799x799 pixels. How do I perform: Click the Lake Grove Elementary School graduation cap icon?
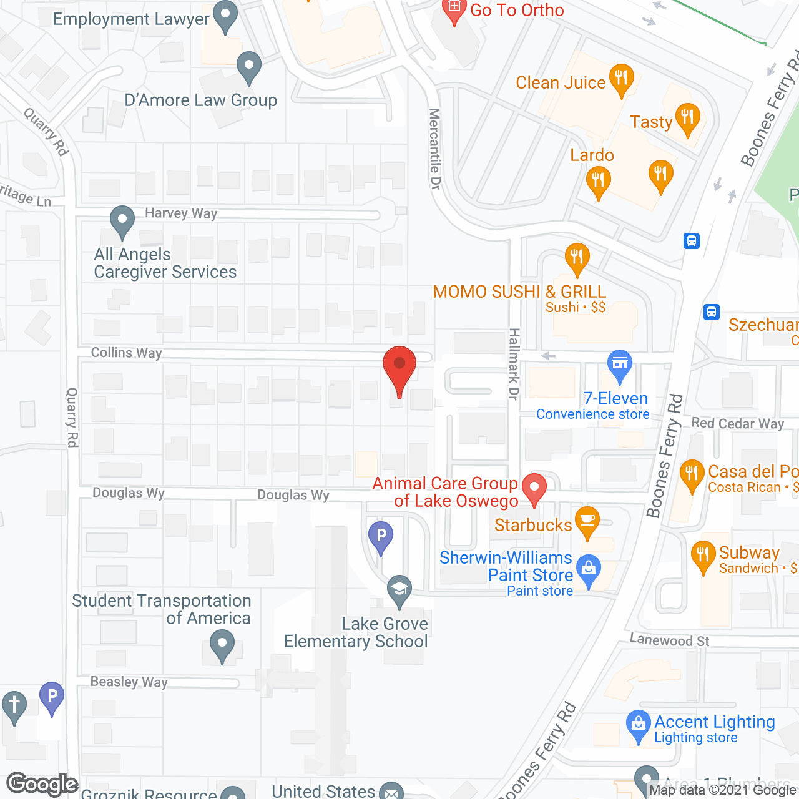pyautogui.click(x=399, y=589)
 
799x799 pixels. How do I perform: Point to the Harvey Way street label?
pyautogui.click(x=181, y=213)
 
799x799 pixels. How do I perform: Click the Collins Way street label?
pyautogui.click(x=126, y=353)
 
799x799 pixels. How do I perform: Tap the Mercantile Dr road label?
pyautogui.click(x=434, y=149)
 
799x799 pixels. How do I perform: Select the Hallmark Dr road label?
pyautogui.click(x=514, y=364)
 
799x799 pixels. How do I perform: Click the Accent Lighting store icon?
pyautogui.click(x=638, y=725)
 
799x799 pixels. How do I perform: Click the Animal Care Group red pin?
pyautogui.click(x=534, y=488)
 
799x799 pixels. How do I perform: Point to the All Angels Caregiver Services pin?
pyautogui.click(x=122, y=220)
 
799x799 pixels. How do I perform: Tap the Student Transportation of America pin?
pyautogui.click(x=222, y=644)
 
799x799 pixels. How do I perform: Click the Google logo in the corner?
pyautogui.click(x=42, y=784)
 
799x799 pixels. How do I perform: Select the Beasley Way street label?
pyautogui.click(x=129, y=682)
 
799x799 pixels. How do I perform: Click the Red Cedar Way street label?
pyautogui.click(x=737, y=423)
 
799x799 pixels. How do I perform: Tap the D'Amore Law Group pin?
pyautogui.click(x=248, y=66)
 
